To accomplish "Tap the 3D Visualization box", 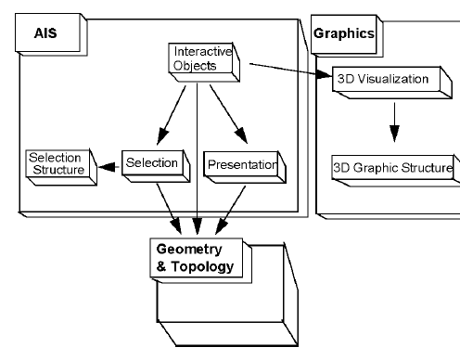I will (x=380, y=78).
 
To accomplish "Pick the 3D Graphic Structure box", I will (x=391, y=168).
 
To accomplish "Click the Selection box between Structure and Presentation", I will (x=150, y=163).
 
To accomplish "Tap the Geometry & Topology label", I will (x=195, y=258).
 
